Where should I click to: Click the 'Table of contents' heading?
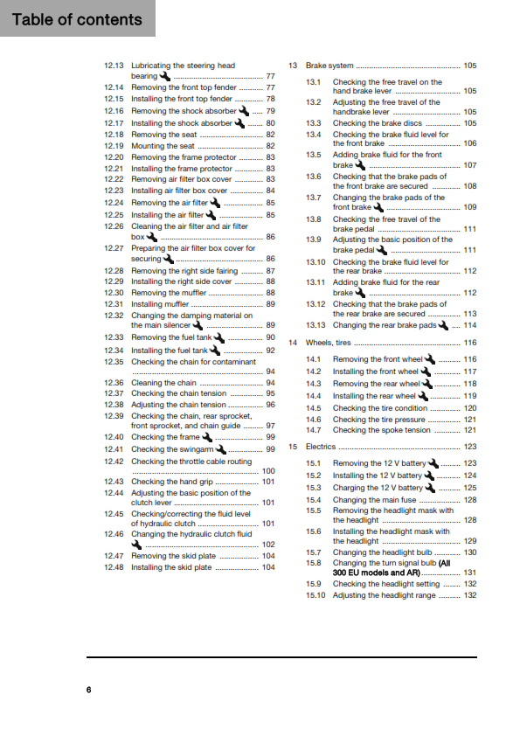77,19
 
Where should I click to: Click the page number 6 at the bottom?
89,691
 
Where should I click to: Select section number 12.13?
114,66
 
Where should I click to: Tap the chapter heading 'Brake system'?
329,66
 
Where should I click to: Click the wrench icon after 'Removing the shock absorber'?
244,111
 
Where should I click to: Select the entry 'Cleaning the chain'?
164,383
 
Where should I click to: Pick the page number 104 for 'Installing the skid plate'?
268,567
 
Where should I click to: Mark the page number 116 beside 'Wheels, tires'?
470,343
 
